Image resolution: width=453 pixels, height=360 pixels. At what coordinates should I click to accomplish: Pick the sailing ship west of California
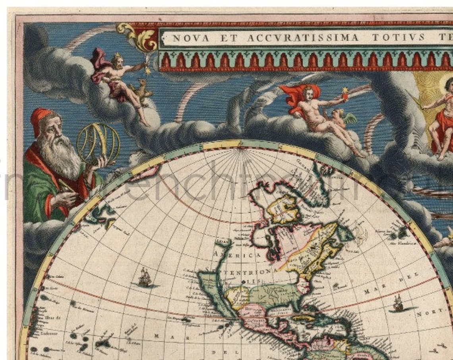(144, 277)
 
